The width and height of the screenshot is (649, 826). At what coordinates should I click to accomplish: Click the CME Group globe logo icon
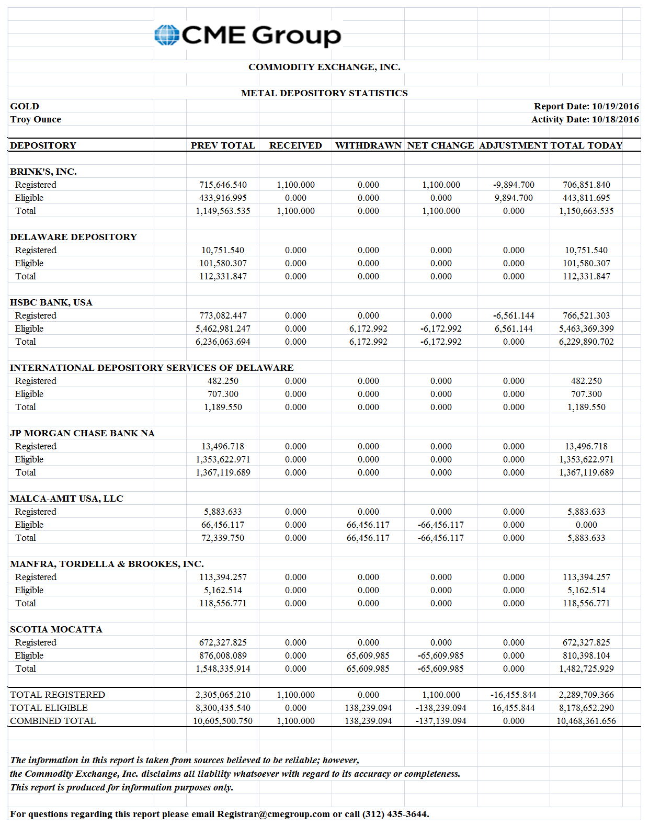pos(167,35)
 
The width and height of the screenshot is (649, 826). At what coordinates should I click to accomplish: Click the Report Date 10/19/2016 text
pos(586,106)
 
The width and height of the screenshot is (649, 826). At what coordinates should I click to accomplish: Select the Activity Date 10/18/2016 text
pos(585,119)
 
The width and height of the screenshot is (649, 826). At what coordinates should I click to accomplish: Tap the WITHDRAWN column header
pos(368,145)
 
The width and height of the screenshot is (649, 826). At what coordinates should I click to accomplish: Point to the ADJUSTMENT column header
pos(513,145)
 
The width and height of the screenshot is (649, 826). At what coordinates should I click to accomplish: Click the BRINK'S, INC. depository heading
pos(43,172)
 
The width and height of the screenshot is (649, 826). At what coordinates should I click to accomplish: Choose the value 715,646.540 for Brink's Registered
pos(223,185)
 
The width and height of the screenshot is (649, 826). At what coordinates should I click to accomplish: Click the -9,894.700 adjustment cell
pos(514,185)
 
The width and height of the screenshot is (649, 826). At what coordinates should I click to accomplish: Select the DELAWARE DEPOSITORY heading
pos(73,237)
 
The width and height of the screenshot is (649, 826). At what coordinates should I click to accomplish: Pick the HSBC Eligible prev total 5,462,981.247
pos(223,329)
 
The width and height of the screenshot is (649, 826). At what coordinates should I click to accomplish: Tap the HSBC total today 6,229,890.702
pos(586,342)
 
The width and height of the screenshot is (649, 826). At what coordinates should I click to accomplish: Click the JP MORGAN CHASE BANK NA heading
pos(82,433)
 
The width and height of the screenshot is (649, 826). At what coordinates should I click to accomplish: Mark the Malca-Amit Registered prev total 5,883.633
pos(223,512)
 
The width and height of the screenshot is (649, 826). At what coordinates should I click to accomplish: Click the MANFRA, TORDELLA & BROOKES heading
pos(107,564)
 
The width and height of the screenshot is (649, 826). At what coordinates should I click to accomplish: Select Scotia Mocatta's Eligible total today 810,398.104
pos(586,655)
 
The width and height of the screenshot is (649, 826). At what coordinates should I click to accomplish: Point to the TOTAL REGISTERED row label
pos(58,695)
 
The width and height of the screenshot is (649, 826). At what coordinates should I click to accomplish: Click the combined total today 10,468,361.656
pos(586,721)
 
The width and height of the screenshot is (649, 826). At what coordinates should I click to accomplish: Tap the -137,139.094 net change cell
pos(441,721)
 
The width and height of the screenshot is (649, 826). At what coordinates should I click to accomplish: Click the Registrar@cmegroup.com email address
pos(273,814)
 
